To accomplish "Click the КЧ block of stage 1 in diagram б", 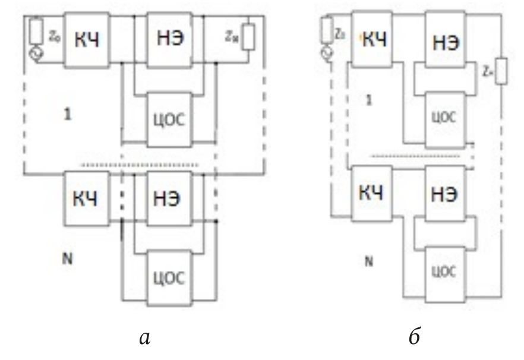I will click(x=373, y=40).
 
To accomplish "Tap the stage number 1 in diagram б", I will click(x=368, y=99).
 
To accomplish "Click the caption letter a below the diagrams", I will click(x=144, y=338).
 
